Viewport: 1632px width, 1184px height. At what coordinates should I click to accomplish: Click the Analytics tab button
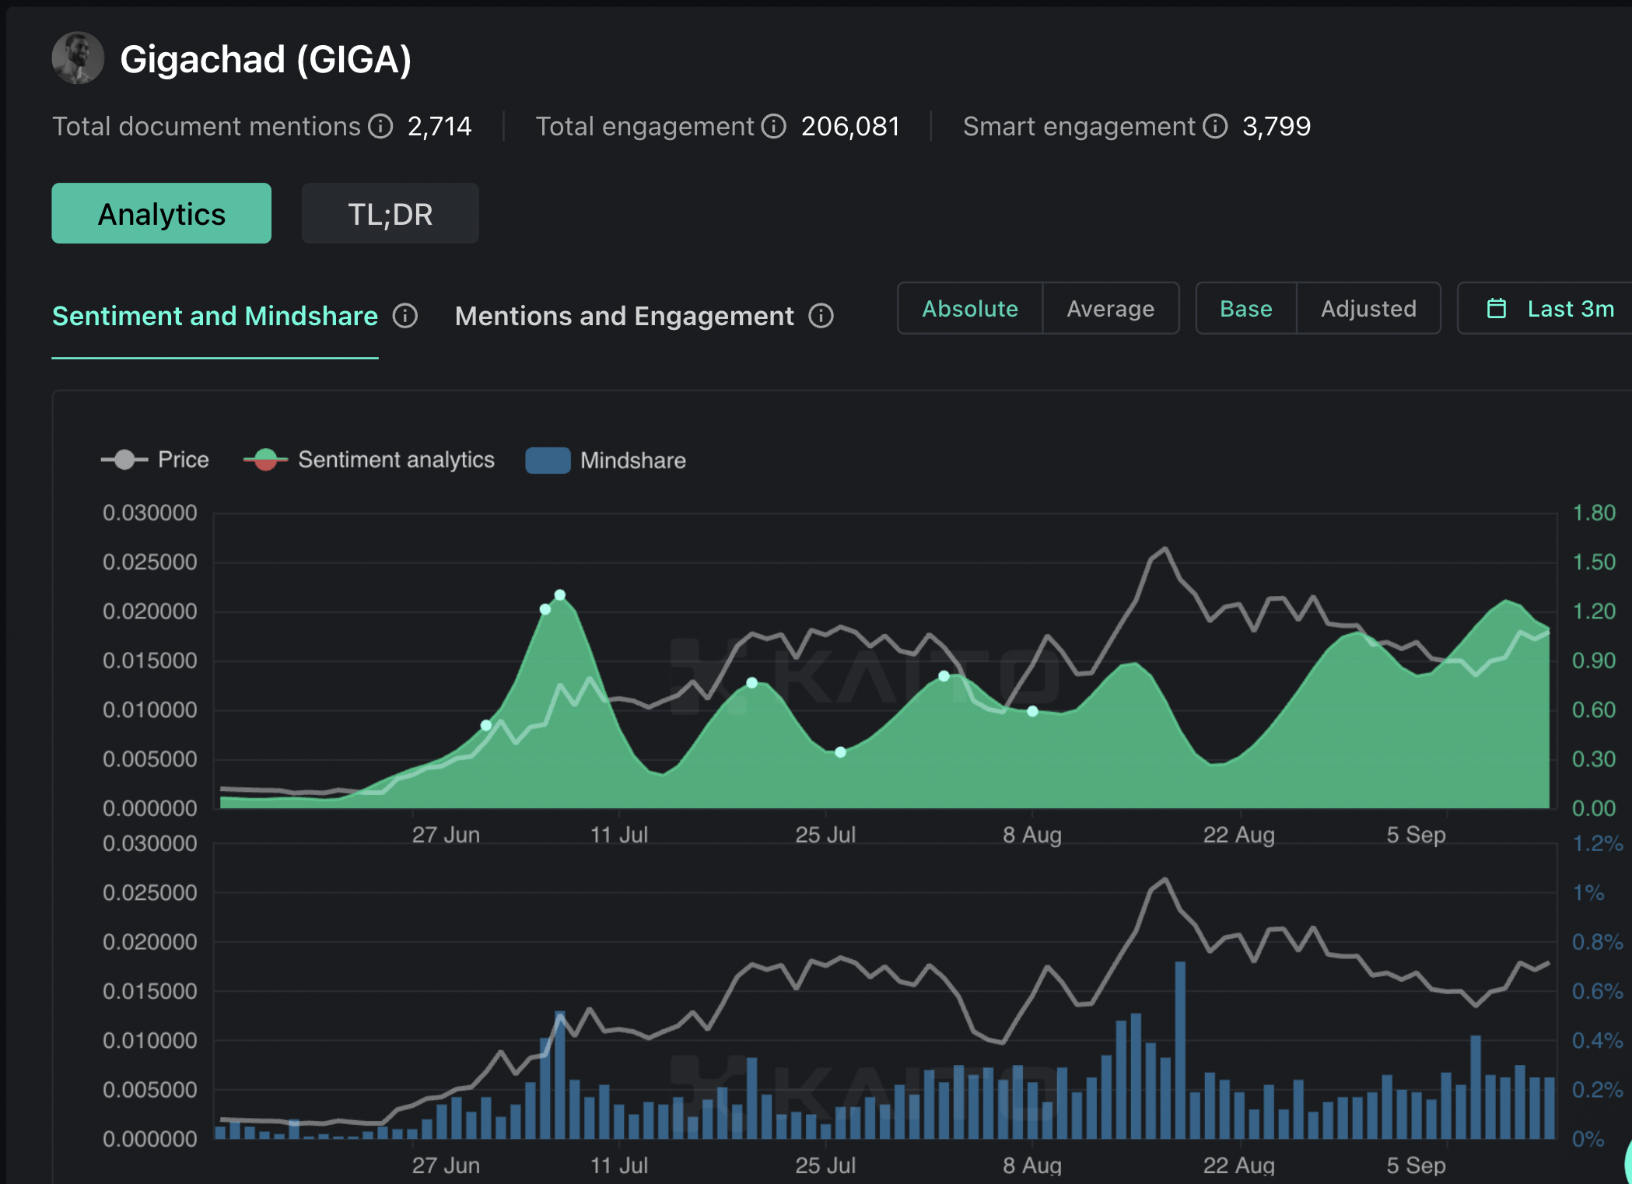tap(161, 214)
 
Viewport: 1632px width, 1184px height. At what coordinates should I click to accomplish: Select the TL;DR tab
tap(390, 214)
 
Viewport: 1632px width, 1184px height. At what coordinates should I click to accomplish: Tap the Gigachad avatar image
tap(78, 58)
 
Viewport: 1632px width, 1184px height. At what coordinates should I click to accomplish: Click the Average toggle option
tap(1110, 309)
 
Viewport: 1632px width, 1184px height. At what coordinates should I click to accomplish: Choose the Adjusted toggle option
tap(1368, 309)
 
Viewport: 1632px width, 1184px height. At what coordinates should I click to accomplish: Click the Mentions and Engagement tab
tap(624, 316)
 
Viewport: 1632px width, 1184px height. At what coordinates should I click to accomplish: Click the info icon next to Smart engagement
tap(1215, 126)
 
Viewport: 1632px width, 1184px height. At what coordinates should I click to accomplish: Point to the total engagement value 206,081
tap(850, 126)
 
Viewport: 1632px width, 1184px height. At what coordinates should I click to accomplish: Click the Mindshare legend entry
tap(606, 460)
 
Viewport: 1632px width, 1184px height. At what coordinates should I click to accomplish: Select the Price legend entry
tap(156, 460)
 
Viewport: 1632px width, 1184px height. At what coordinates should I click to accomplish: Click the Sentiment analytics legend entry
tap(369, 460)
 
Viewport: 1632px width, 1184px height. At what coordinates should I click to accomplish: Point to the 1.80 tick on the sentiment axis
tap(1594, 513)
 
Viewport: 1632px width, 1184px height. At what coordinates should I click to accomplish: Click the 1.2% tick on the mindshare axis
tap(1597, 843)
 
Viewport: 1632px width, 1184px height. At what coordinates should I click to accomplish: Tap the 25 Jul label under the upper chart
tap(825, 835)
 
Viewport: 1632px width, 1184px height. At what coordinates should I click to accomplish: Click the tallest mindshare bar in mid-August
tap(1180, 1050)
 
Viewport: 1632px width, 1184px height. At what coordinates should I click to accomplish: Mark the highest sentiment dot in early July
tap(559, 595)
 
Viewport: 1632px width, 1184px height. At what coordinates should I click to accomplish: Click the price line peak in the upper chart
tap(1165, 548)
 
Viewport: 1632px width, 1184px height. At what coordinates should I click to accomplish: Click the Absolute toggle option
tap(970, 309)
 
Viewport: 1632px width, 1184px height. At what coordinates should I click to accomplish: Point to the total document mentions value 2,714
tap(440, 126)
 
